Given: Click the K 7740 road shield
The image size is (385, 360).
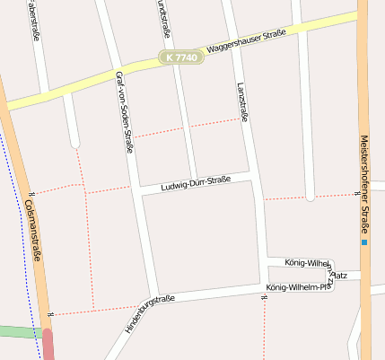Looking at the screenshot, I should (x=183, y=57).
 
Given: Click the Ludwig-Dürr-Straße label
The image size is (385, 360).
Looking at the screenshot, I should (x=196, y=183).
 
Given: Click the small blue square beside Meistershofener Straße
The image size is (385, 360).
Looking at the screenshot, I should (x=364, y=242).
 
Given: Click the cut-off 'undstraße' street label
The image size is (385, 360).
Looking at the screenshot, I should (x=163, y=18).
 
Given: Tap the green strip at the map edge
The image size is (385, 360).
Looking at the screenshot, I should (x=18, y=331).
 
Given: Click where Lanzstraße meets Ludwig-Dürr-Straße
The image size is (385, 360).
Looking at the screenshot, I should (x=252, y=174).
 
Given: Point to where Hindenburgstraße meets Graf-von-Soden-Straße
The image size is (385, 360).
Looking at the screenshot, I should (x=153, y=300).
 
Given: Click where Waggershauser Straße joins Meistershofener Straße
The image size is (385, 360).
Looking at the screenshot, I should (x=363, y=13).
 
